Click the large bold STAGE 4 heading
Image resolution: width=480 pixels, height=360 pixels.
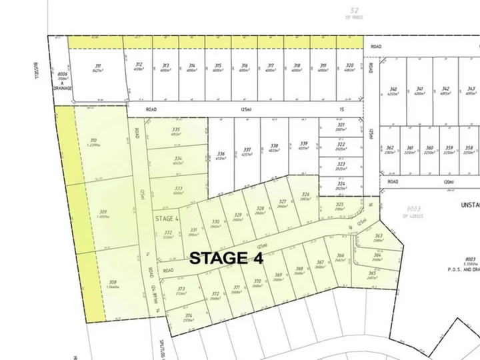(227, 258)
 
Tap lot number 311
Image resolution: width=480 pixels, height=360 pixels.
(99, 65)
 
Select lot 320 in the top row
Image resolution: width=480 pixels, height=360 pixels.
(349, 65)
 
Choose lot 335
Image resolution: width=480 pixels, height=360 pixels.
(176, 129)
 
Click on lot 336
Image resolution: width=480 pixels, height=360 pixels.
(221, 154)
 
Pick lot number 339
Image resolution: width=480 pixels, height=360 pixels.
(304, 143)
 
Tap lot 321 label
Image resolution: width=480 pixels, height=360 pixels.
(341, 125)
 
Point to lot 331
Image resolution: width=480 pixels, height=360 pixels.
(193, 229)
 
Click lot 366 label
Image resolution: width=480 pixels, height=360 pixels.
(340, 255)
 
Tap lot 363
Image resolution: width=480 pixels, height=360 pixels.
(378, 236)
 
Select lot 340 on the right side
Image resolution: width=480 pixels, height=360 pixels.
(393, 89)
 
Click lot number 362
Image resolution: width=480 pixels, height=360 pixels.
(390, 147)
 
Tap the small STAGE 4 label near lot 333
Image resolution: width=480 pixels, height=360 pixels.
(167, 218)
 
